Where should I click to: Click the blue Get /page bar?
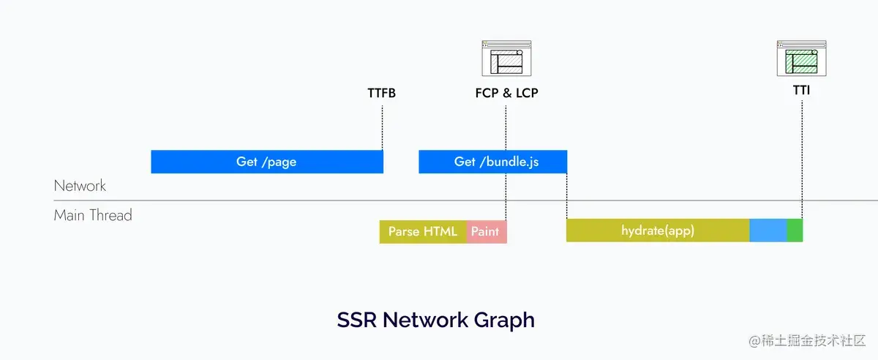[267, 162]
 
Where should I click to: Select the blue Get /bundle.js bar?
[492, 162]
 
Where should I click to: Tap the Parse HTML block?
[423, 231]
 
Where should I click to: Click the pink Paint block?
[486, 231]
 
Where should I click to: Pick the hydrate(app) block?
[657, 230]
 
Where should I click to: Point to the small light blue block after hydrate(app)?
[768, 230]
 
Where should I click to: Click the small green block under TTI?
[795, 230]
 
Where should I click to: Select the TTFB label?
[381, 94]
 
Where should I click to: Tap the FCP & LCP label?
[506, 94]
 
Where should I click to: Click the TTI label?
[801, 91]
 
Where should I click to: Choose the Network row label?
[80, 186]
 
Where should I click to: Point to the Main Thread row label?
[93, 215]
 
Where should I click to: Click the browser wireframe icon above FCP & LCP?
[506, 59]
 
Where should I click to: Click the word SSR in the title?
[356, 320]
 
